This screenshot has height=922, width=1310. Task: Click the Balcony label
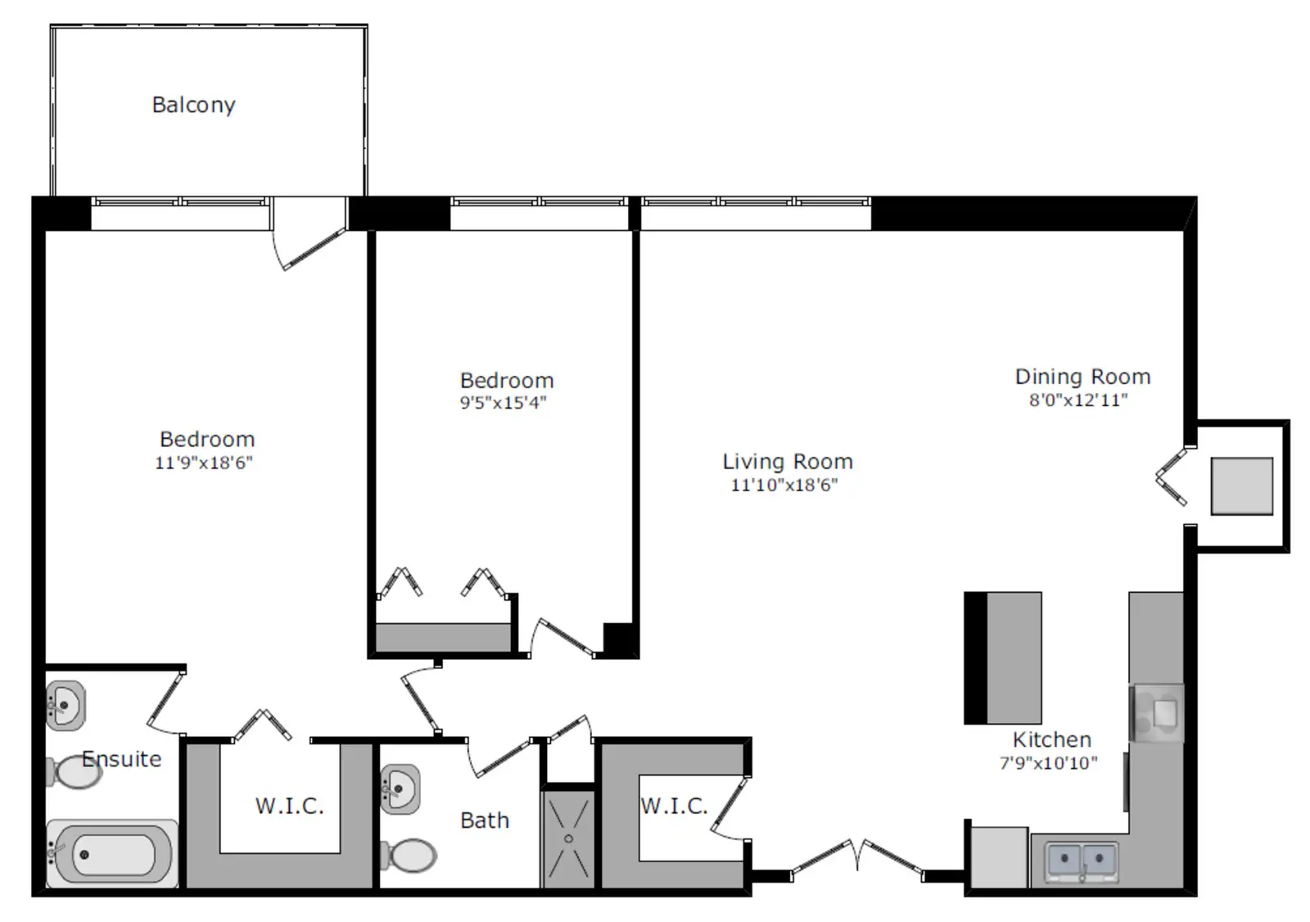193,106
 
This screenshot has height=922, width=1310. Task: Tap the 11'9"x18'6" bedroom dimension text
204,463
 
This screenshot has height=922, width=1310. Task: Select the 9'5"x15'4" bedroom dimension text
503,403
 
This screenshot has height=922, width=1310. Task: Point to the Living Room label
788,462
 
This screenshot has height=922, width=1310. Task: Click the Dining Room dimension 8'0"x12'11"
1078,400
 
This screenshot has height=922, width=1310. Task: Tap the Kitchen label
1052,739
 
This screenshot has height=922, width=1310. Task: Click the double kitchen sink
1082,861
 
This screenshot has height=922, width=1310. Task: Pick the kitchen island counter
1003,658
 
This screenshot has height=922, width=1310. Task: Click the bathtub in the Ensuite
112,853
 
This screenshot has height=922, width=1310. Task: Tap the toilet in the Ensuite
75,771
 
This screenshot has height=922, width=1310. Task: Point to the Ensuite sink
66,706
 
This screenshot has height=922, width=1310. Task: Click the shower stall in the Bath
568,839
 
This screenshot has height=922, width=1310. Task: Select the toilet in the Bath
409,856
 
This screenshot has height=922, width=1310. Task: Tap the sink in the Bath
400,789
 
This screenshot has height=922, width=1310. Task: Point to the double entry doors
857,860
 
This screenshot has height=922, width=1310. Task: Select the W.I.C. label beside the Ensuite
290,807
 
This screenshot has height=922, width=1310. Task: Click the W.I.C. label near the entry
675,807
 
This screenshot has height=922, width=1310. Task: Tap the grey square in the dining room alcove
1241,486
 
